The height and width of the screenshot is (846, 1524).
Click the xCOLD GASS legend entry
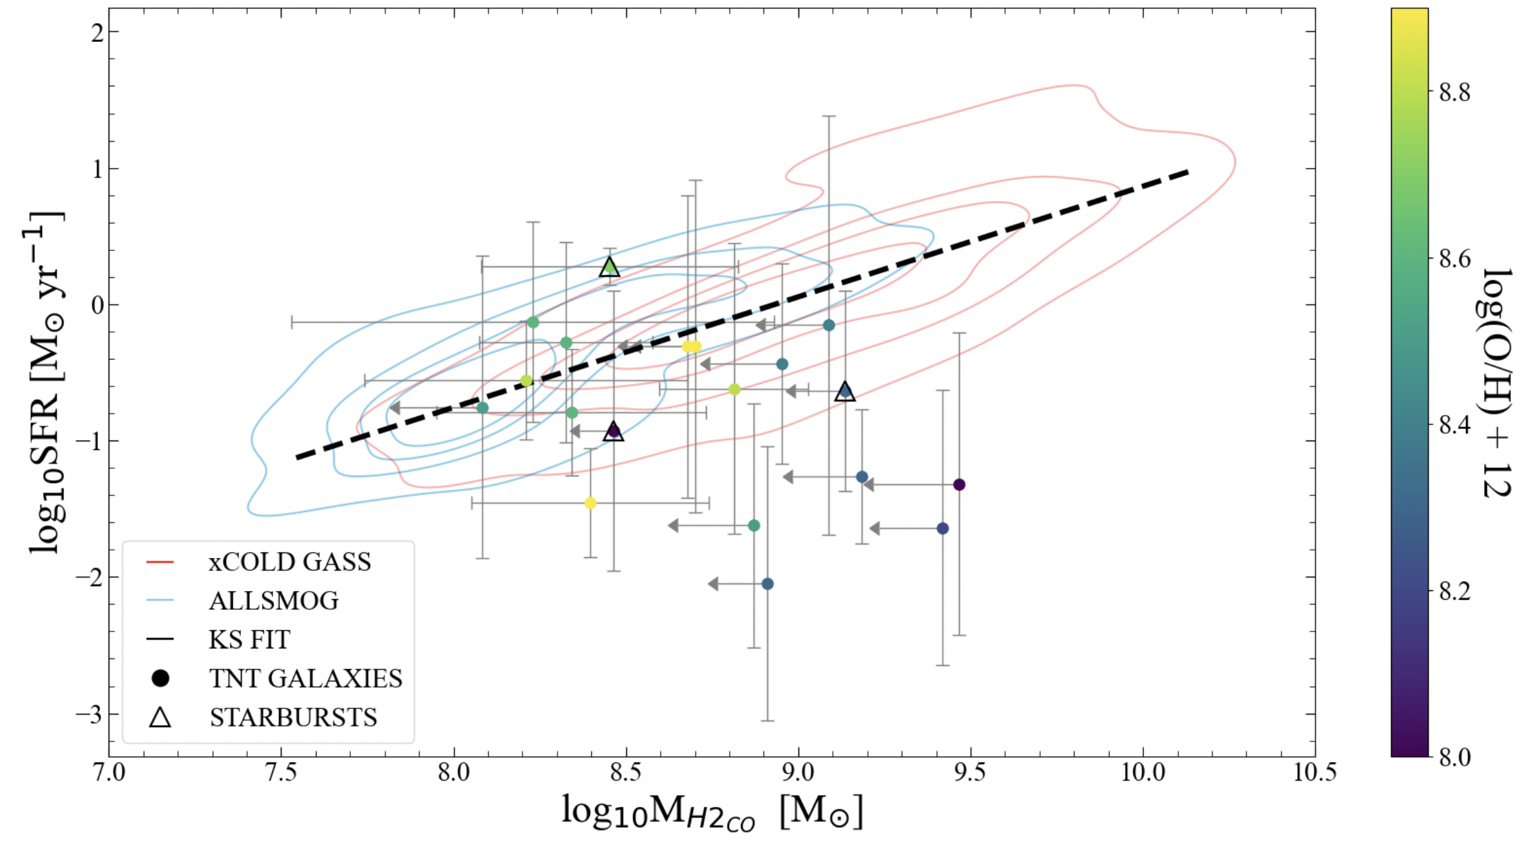coord(290,562)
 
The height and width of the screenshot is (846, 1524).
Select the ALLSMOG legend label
coord(273,600)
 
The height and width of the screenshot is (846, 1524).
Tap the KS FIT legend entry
coord(249,639)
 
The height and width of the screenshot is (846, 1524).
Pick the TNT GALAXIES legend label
coord(305,678)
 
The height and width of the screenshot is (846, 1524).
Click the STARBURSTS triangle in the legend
coord(160,716)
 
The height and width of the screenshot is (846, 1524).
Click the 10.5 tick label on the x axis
coord(1314,772)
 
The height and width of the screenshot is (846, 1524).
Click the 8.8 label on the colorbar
coord(1454,92)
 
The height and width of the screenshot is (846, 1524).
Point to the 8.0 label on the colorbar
coord(1454,757)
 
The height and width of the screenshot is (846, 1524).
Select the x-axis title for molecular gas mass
coord(711,812)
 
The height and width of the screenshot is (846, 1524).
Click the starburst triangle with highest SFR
coord(609,267)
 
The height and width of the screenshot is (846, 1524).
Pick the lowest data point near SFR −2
coord(767,584)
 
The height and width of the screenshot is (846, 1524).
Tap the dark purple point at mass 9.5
coord(959,484)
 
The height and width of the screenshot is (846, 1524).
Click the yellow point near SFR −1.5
coord(591,503)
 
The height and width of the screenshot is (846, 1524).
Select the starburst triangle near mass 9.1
coord(845,391)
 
